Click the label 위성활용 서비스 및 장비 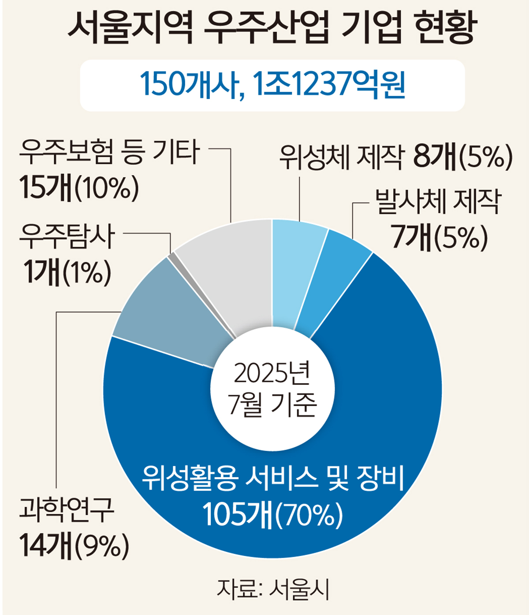272,478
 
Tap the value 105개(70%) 272,515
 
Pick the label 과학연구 66,510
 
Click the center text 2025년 272,374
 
